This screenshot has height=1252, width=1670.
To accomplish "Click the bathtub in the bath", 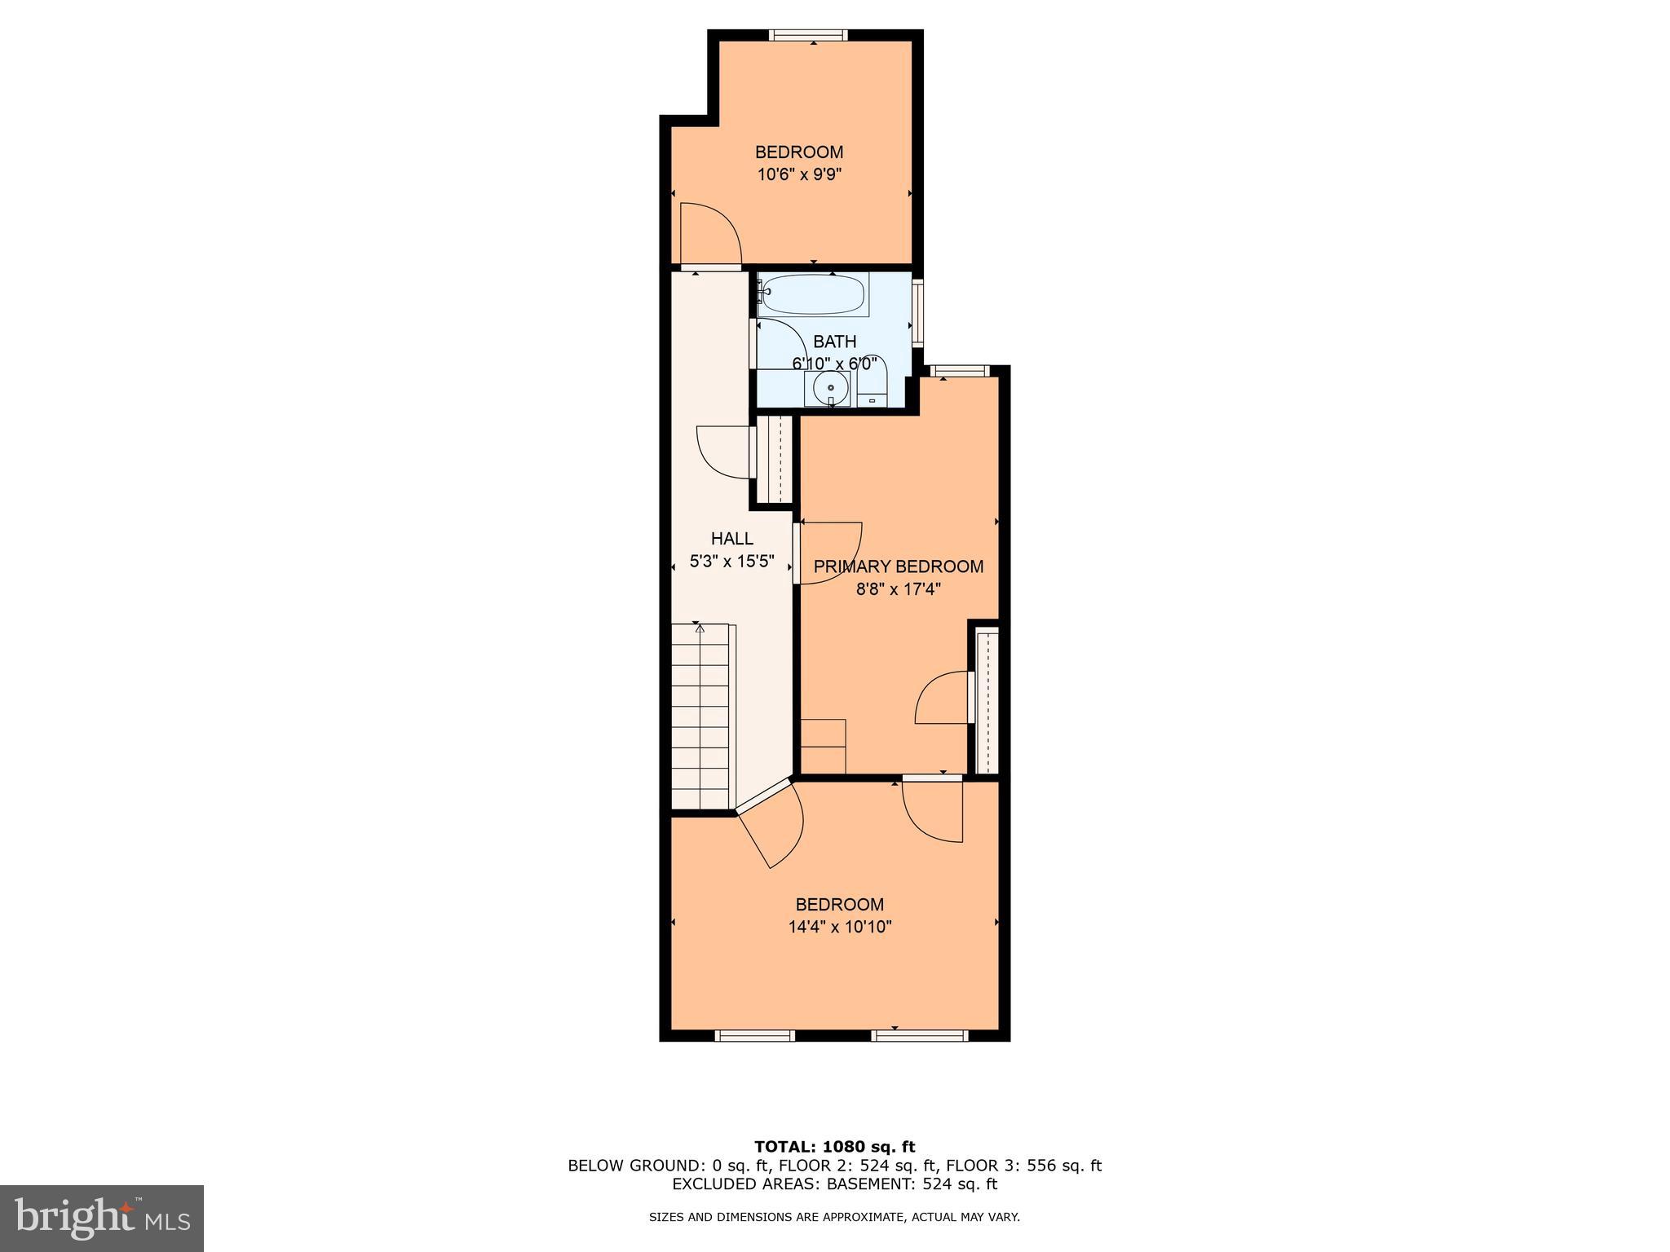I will click(x=812, y=295).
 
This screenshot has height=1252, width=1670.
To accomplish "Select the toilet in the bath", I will click(x=872, y=386).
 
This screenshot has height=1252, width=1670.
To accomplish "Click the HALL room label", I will click(x=731, y=539).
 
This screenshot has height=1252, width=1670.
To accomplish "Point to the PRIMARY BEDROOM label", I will click(x=898, y=566).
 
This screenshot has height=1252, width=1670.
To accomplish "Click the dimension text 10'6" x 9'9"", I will click(x=798, y=174).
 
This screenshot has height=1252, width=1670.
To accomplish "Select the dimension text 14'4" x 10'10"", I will click(x=839, y=927).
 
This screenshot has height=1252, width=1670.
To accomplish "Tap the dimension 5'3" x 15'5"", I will click(x=731, y=562).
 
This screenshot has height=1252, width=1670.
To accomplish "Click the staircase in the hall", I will click(x=700, y=717).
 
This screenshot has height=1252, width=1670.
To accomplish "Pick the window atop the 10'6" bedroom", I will click(x=808, y=35).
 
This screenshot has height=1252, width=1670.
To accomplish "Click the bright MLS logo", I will click(x=102, y=1218).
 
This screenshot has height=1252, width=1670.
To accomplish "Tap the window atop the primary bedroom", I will click(x=960, y=372).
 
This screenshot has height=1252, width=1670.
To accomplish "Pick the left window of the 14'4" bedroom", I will click(x=754, y=1036).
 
